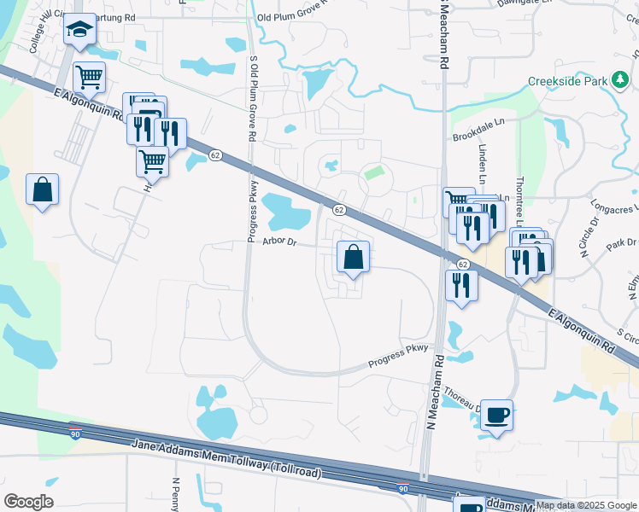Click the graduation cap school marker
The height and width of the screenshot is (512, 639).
coord(79,30)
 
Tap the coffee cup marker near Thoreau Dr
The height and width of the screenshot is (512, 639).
coord(496,416)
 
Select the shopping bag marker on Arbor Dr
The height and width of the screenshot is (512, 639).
coord(353,256)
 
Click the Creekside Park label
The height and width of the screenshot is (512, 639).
coord(567,81)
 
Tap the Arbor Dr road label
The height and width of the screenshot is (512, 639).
coord(279,241)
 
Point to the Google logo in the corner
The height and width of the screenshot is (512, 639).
coord(28,501)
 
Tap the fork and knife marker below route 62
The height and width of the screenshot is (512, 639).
coord(461,285)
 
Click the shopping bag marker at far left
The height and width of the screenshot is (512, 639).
coord(42,190)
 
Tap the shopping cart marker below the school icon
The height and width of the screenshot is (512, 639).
coord(89,78)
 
